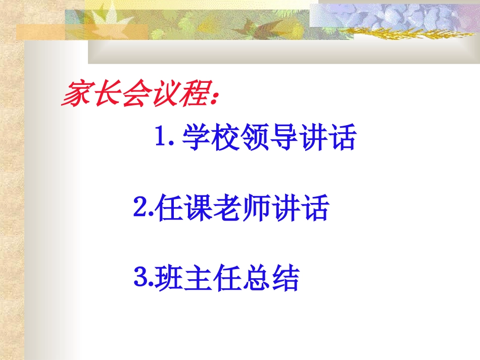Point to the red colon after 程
pos(215,97)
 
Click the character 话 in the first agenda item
pos(343,137)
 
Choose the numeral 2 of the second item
pos(141,206)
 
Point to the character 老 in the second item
pos(226,208)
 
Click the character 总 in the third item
pos(256,277)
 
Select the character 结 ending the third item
pos(285,277)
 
